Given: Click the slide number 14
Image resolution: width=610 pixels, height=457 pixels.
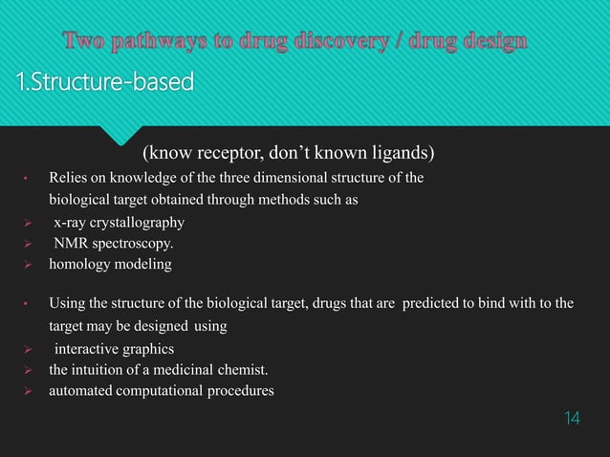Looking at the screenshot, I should (571, 419).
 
